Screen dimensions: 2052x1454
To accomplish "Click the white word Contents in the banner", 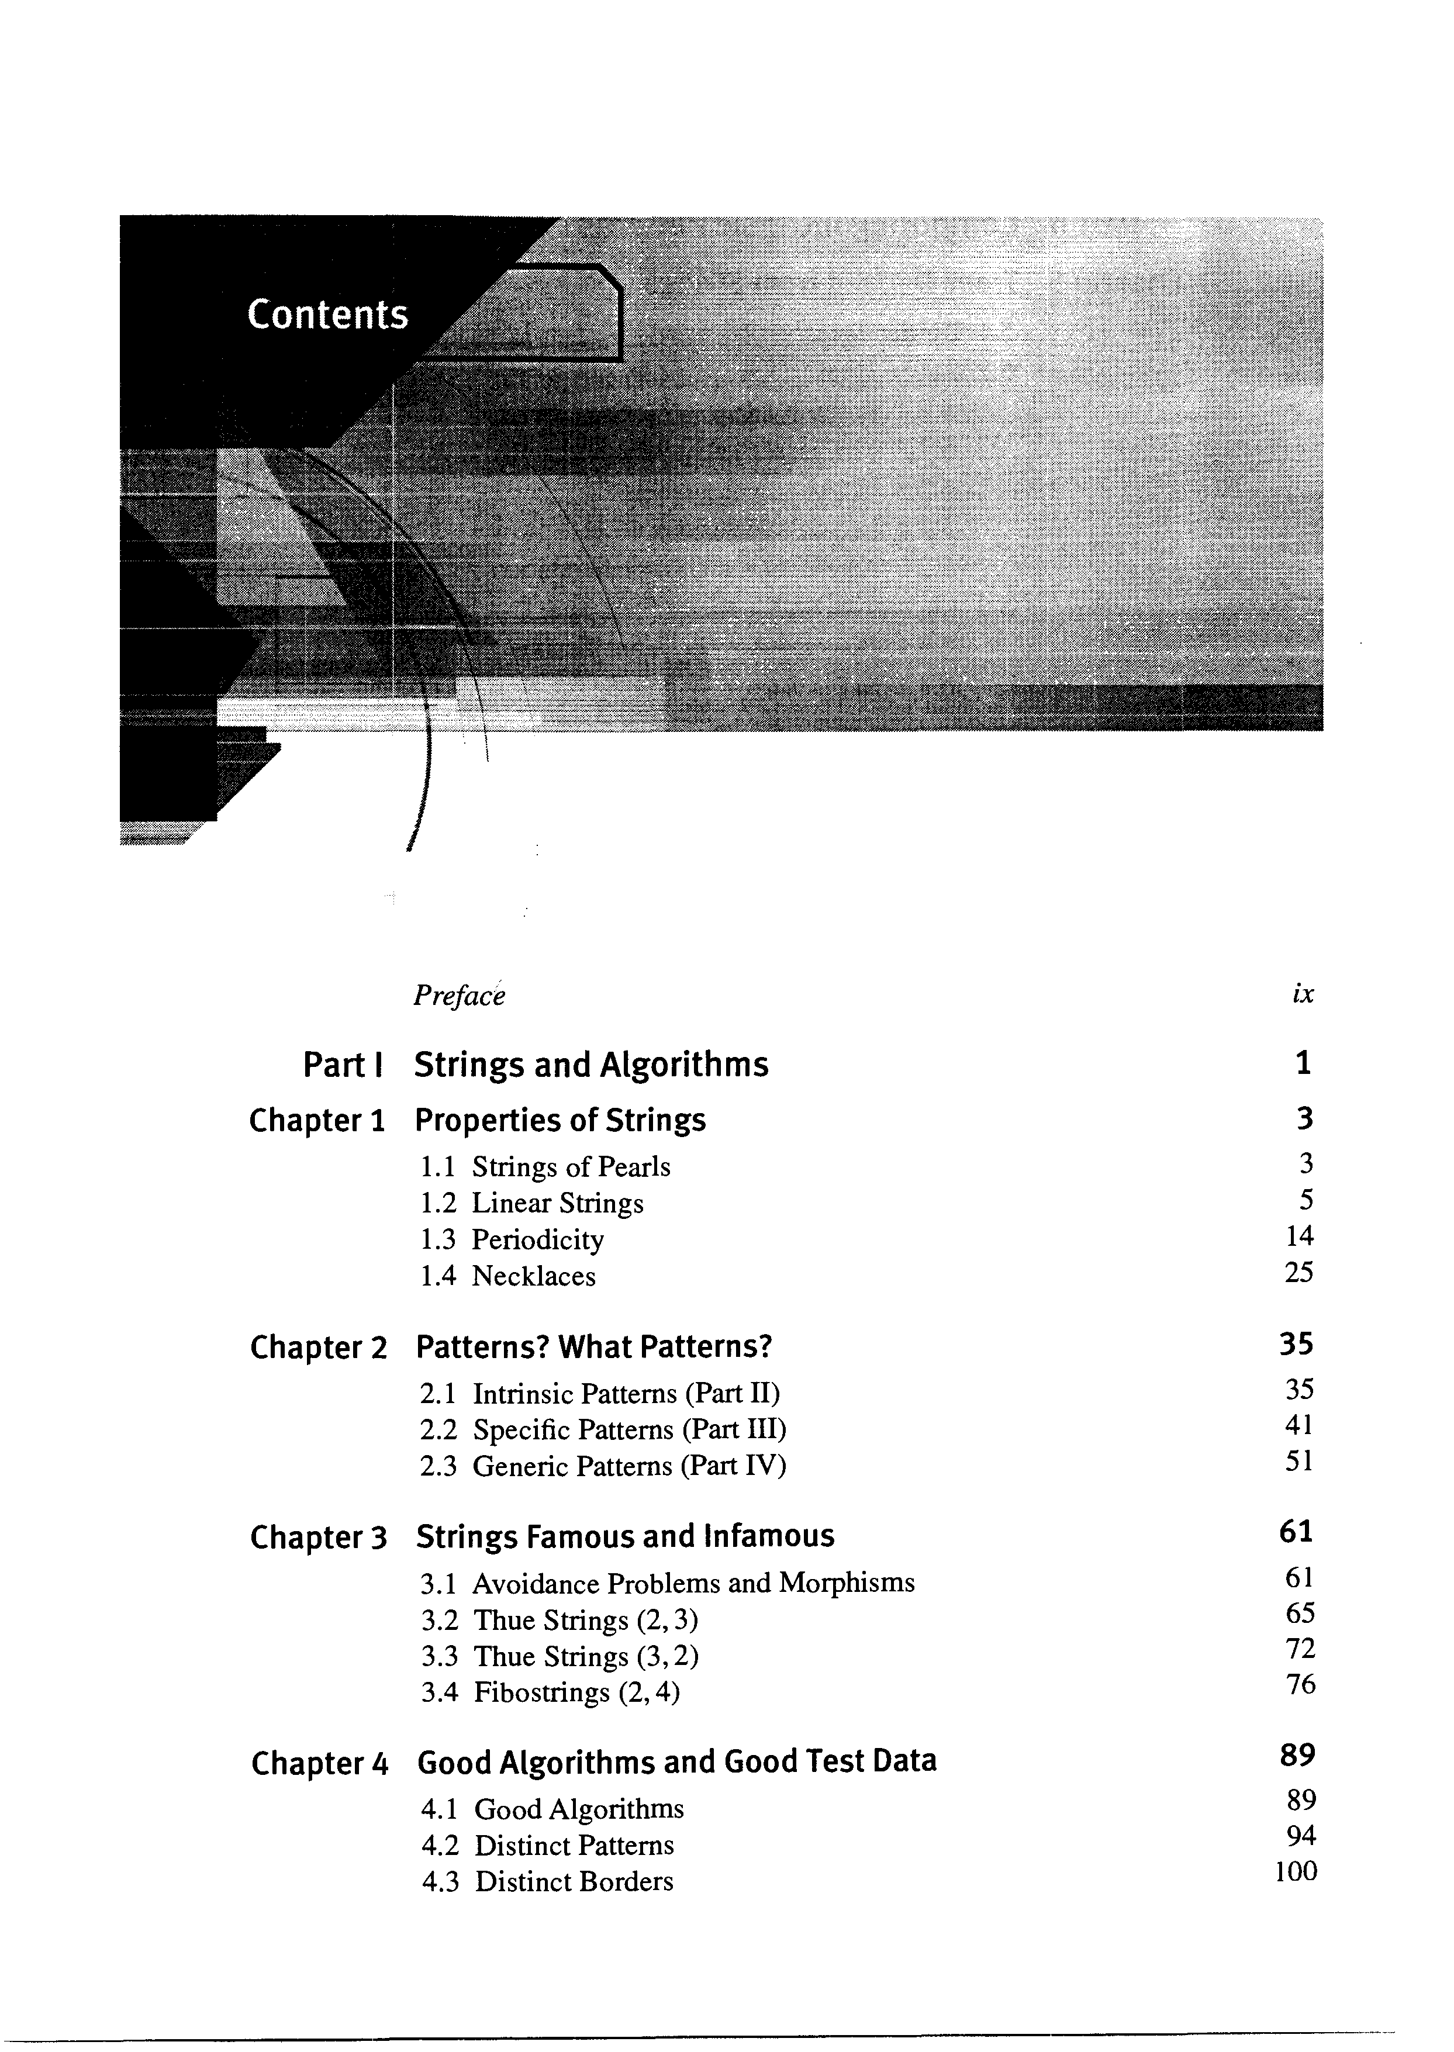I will (x=327, y=315).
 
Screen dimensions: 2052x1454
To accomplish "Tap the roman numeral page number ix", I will (x=1303, y=994).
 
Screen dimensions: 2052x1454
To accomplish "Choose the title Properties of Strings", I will (x=561, y=1121).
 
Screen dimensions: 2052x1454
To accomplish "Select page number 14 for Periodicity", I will (x=1299, y=1236).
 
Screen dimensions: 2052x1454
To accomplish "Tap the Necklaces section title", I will (x=534, y=1276).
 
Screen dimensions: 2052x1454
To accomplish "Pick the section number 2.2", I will (x=438, y=1430).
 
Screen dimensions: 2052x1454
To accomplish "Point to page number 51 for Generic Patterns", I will (x=1299, y=1462).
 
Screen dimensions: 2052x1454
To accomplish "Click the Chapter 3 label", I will (x=318, y=1537).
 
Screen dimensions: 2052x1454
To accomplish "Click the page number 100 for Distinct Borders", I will (x=1296, y=1872).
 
